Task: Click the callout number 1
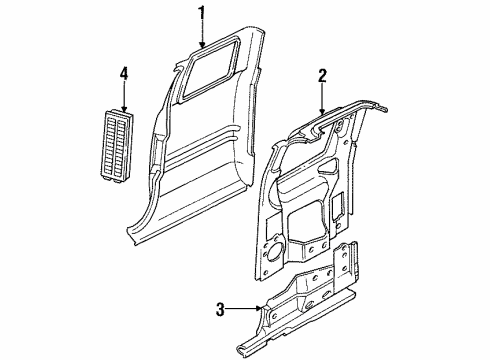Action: coord(201,13)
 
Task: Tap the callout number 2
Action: coord(323,74)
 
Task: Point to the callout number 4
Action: coord(124,72)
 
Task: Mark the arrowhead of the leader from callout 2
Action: coord(323,111)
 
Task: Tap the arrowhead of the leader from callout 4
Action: coord(124,109)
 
